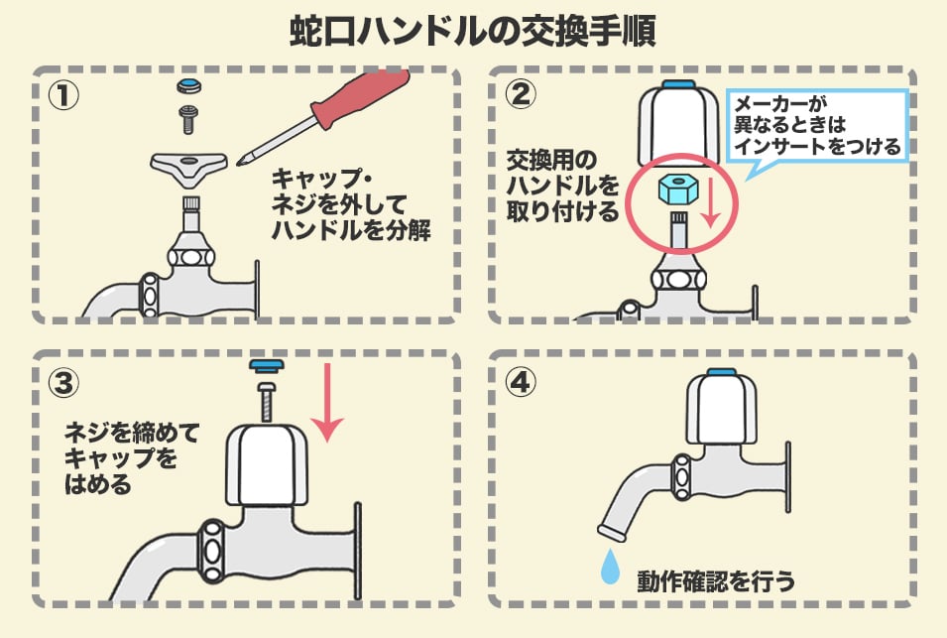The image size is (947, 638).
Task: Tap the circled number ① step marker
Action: click(x=62, y=95)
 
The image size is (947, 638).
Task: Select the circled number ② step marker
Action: click(x=520, y=94)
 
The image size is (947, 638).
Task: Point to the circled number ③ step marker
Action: click(x=63, y=382)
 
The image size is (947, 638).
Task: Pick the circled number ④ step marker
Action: click(x=520, y=382)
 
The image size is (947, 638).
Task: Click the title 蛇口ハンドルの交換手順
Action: click(x=473, y=32)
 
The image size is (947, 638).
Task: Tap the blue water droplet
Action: click(x=610, y=566)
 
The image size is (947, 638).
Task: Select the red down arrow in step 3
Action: click(x=326, y=402)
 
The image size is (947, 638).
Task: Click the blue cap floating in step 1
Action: click(x=189, y=85)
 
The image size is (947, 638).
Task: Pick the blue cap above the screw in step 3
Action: click(x=267, y=365)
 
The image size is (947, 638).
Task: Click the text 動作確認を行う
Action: click(x=716, y=581)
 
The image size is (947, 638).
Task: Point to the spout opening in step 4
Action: click(x=613, y=532)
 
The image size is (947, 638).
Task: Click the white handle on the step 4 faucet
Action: click(x=721, y=410)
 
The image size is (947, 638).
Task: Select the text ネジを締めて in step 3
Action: click(x=132, y=433)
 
